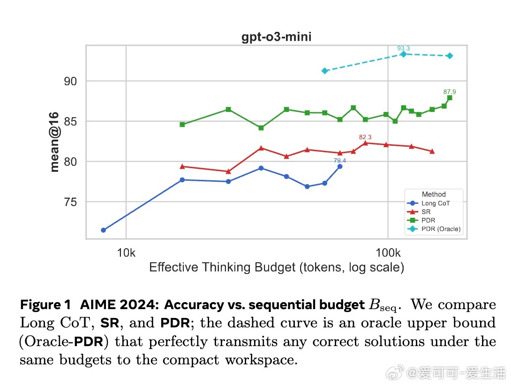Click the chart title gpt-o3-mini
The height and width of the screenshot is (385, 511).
276,37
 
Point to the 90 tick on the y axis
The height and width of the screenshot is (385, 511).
70,81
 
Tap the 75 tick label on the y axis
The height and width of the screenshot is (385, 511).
70,202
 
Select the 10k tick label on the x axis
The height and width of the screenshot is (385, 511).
126,253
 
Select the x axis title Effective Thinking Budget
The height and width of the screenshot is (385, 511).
276,267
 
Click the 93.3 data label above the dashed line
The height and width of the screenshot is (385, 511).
403,48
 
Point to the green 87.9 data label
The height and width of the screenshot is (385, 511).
450,92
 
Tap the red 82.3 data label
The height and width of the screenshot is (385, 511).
365,137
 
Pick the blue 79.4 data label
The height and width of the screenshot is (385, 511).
339,161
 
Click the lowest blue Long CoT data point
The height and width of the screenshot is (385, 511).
103,230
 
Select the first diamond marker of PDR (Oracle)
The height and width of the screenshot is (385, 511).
324,71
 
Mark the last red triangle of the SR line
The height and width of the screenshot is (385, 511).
432,151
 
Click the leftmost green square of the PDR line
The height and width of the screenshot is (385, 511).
182,125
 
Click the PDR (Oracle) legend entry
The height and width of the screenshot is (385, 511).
441,229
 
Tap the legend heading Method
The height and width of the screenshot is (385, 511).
434,194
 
